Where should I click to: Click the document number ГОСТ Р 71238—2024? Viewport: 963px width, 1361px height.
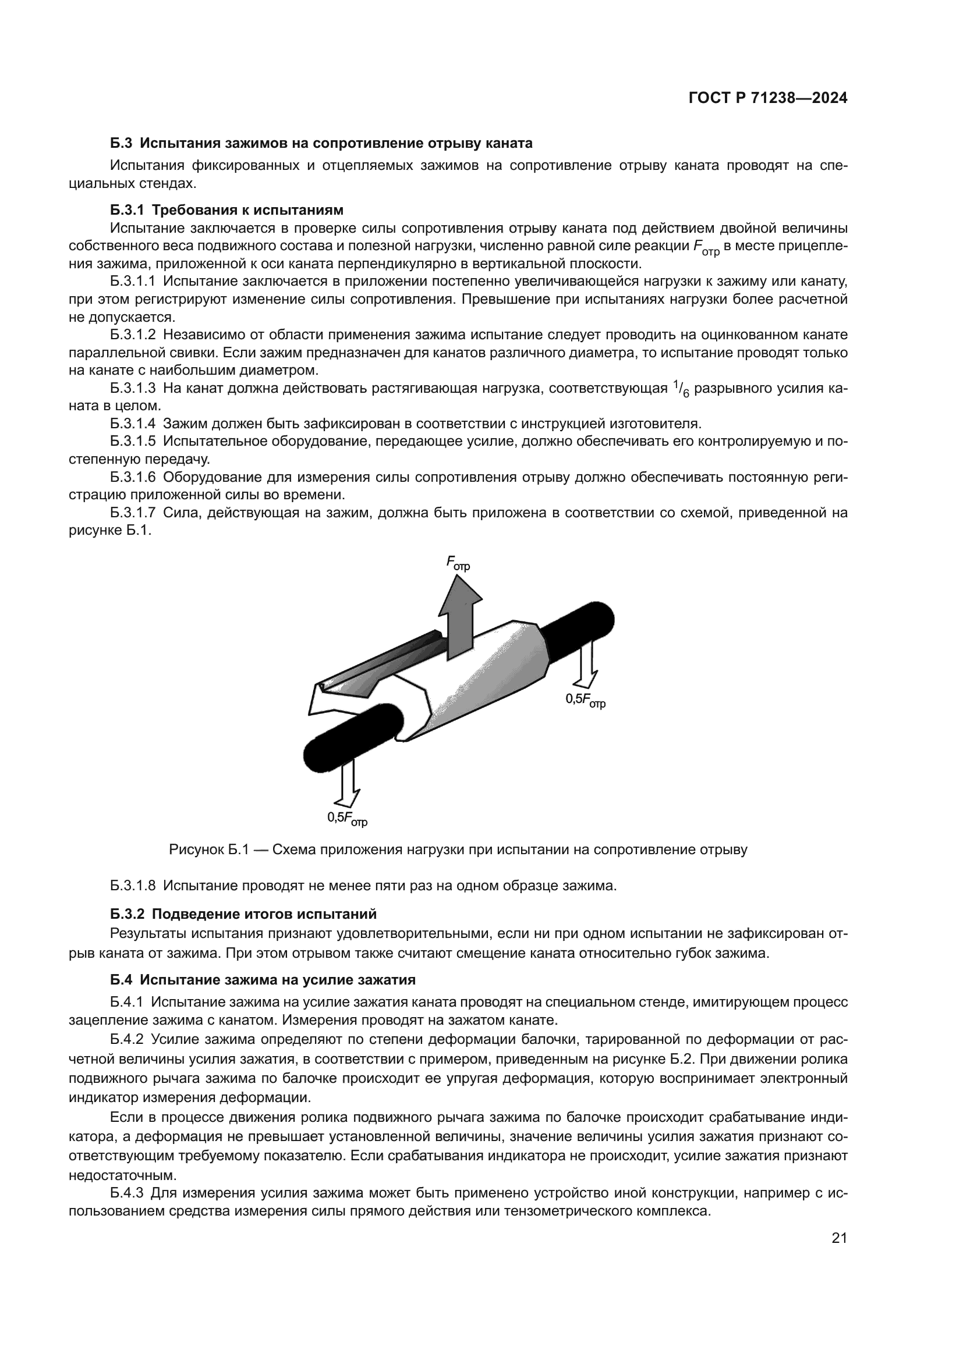(767, 98)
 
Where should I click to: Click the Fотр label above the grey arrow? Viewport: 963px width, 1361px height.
(458, 563)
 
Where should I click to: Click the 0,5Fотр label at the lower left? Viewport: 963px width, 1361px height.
(348, 818)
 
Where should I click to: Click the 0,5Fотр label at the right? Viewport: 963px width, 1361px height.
(585, 701)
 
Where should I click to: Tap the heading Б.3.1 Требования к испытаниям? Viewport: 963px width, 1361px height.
(226, 210)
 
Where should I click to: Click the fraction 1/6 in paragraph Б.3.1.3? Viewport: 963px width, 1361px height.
(681, 389)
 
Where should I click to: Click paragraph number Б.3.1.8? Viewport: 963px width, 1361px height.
(133, 886)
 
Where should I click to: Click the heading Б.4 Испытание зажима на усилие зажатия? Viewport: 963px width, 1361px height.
(263, 979)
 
